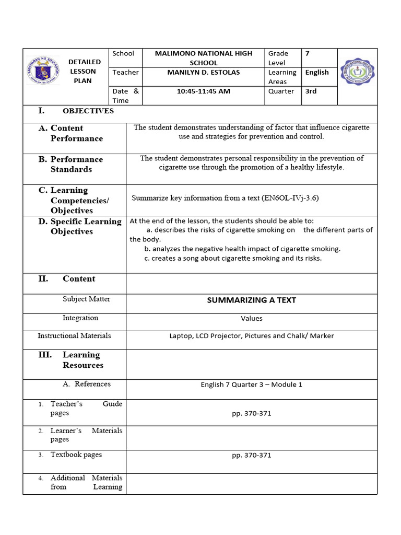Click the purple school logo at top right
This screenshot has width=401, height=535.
(x=357, y=72)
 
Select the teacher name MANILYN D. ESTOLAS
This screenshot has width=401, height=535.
(x=203, y=73)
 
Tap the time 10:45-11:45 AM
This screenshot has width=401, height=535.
(x=203, y=91)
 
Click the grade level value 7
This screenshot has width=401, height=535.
(x=308, y=53)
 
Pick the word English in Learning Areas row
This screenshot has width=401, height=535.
(x=317, y=73)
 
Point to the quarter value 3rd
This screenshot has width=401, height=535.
(x=311, y=91)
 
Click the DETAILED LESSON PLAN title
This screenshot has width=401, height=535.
(x=85, y=72)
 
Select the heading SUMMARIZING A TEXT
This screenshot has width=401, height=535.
(x=251, y=300)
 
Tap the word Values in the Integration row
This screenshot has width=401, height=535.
(x=251, y=318)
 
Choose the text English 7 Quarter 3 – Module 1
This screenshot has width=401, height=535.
(x=251, y=385)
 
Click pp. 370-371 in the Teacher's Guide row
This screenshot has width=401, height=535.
(x=251, y=414)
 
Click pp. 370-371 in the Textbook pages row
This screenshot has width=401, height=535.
(x=251, y=456)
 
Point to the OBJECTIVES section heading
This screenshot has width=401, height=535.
(x=88, y=111)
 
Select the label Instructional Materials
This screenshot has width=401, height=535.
(x=74, y=336)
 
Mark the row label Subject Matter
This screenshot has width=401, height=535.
(x=86, y=299)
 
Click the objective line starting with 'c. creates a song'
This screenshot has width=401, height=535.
(x=233, y=258)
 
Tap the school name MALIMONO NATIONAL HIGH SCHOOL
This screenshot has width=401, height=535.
(x=203, y=58)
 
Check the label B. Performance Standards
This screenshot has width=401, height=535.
(x=71, y=164)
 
